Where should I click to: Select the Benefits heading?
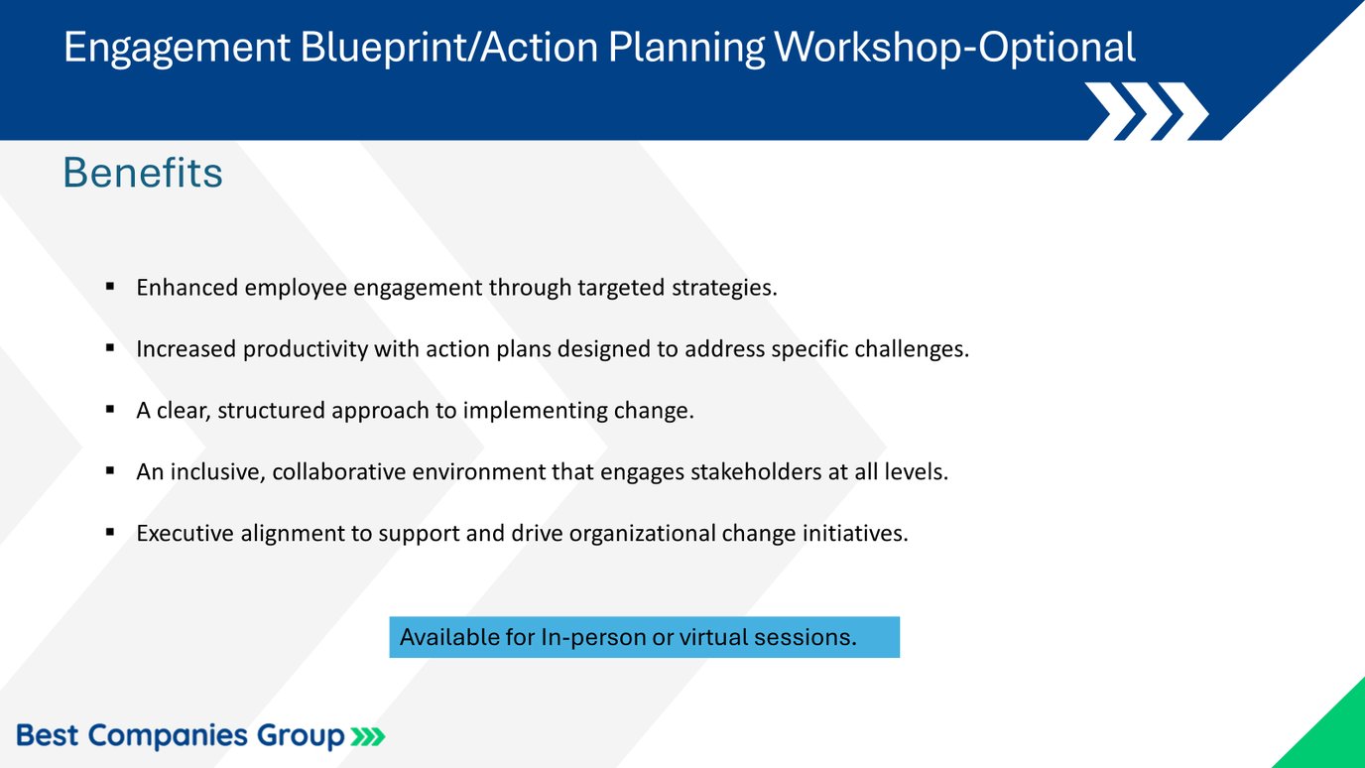(143, 173)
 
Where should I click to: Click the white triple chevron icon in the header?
(1146, 110)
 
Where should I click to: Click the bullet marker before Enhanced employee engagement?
(110, 288)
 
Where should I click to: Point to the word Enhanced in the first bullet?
(186, 288)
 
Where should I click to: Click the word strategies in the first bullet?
(723, 288)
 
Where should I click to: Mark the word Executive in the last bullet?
(186, 534)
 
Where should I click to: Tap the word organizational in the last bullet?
(655, 534)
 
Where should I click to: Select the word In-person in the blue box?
(591, 637)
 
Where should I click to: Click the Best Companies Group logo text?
(181, 736)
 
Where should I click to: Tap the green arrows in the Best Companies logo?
(367, 736)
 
